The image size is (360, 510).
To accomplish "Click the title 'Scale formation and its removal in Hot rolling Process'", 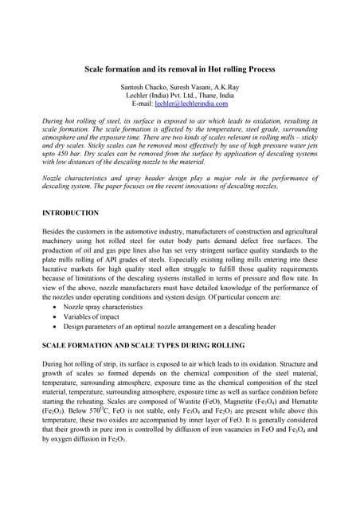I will (x=180, y=69).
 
